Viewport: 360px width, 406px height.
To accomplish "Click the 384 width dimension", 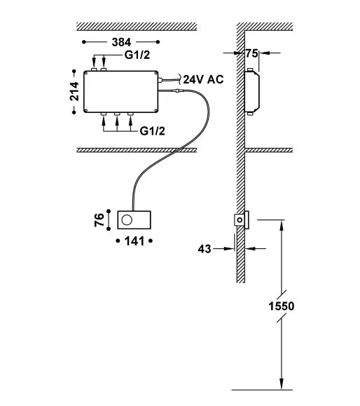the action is coord(121,42).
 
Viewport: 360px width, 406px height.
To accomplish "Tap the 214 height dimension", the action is coord(74,91).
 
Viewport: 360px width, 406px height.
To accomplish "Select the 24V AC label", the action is coord(203,79).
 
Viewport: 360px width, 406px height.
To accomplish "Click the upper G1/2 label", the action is coord(137,55).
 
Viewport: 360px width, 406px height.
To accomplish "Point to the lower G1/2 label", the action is coord(152,131).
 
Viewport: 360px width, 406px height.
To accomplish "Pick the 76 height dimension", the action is coord(99,220).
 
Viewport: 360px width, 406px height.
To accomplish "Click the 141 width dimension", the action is coord(134,241).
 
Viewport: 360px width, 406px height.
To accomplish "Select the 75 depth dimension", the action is coord(251,53).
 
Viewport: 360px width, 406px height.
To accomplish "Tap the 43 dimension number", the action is coord(205,249).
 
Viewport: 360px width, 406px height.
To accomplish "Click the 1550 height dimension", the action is coord(282,306).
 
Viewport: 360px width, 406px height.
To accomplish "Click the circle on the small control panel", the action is coord(127,220).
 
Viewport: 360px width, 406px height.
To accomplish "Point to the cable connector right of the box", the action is coord(179,90).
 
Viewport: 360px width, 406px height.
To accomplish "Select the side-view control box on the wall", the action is coord(251,92).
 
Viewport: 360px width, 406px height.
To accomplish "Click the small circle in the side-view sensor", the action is coord(240,220).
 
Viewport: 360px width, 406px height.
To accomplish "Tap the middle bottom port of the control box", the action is coord(117,114).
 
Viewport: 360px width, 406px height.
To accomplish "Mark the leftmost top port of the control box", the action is coord(94,69).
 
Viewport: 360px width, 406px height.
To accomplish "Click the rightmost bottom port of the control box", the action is coord(130,114).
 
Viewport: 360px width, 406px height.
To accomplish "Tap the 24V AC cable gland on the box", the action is coord(160,80).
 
